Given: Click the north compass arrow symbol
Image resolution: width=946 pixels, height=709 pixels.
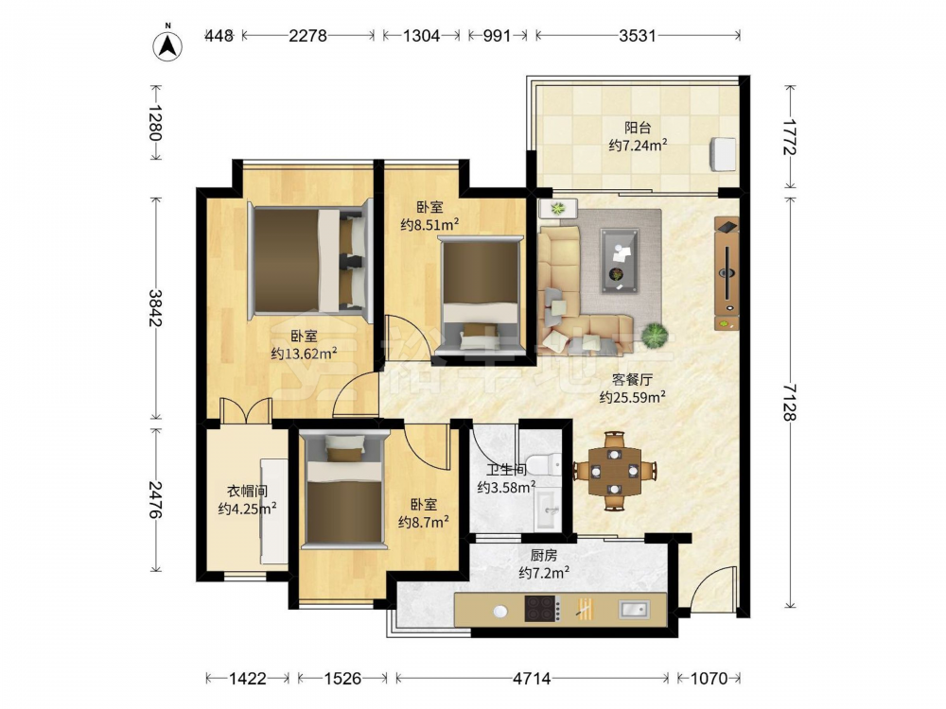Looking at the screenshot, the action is pyautogui.click(x=167, y=44).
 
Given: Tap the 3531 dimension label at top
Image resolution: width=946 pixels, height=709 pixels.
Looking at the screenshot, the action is pyautogui.click(x=637, y=36).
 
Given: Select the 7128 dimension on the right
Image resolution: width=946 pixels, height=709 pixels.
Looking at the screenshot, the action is pyautogui.click(x=790, y=402).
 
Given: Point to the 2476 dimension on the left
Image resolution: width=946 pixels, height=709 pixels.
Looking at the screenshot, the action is pyautogui.click(x=155, y=500).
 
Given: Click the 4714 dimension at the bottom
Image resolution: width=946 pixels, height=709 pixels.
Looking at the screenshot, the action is pyautogui.click(x=532, y=679).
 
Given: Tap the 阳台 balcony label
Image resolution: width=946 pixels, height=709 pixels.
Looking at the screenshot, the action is pyautogui.click(x=637, y=128).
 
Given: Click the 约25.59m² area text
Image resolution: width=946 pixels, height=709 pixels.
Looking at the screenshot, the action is pyautogui.click(x=632, y=397).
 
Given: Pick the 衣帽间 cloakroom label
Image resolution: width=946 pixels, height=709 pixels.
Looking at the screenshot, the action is pyautogui.click(x=247, y=492).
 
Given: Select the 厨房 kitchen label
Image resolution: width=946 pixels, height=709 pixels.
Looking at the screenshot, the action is pyautogui.click(x=544, y=555).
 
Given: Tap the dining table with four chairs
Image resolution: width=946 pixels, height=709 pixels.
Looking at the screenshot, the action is pyautogui.click(x=615, y=471).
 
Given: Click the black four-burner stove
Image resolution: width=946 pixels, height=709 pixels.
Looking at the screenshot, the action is pyautogui.click(x=542, y=608).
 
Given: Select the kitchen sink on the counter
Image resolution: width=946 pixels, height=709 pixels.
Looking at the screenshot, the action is pyautogui.click(x=634, y=610).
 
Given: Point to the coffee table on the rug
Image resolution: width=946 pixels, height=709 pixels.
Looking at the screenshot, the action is pyautogui.click(x=620, y=261).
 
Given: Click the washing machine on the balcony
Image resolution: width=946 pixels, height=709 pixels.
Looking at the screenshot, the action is pyautogui.click(x=723, y=154).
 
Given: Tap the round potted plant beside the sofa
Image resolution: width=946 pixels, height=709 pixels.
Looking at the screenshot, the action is pyautogui.click(x=655, y=336).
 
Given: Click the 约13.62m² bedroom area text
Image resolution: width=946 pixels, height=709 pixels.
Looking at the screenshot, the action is pyautogui.click(x=304, y=354).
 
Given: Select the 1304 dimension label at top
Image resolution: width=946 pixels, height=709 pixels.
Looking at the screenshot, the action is pyautogui.click(x=421, y=36).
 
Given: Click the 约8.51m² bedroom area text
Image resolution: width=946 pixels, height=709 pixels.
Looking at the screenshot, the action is pyautogui.click(x=430, y=225).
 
